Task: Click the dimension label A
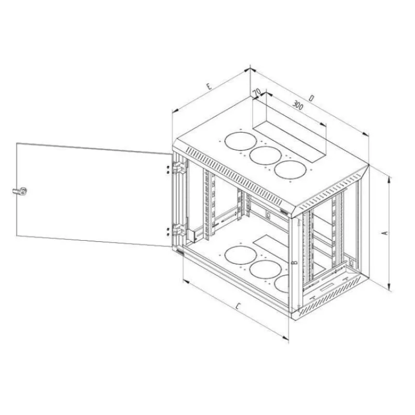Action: (385, 233)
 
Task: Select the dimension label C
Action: (238, 307)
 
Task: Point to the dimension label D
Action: (312, 99)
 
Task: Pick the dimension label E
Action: (209, 86)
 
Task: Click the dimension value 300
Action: (298, 106)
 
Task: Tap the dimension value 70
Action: (256, 92)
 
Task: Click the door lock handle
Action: (20, 191)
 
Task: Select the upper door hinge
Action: (179, 167)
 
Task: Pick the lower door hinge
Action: (179, 229)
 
